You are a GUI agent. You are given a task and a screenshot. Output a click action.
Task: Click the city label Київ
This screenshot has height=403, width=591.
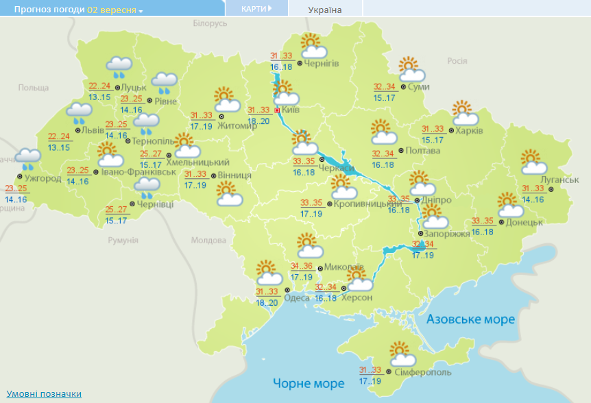pyautogui.click(x=291, y=110)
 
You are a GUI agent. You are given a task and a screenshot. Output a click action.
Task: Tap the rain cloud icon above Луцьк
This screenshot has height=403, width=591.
pyautogui.click(x=119, y=67)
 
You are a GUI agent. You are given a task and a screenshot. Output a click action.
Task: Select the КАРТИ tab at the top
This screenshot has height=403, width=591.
pyautogui.click(x=256, y=8)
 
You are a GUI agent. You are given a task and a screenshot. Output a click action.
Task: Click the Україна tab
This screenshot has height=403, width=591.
pyautogui.click(x=325, y=10)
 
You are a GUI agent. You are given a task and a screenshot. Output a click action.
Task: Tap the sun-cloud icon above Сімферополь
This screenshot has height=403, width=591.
pyautogui.click(x=402, y=354)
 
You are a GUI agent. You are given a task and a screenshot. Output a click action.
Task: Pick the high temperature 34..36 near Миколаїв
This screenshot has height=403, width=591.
pyautogui.click(x=302, y=266)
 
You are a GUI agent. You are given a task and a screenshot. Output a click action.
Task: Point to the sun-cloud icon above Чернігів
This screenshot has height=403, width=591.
pyautogui.click(x=313, y=45)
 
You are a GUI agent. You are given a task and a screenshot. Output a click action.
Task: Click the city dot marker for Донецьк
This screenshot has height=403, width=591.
pyautogui.click(x=501, y=222)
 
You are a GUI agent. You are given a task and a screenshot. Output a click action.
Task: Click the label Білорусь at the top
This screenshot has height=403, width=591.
pyautogui.click(x=209, y=24)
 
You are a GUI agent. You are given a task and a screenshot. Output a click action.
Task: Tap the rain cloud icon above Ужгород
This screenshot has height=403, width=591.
pyautogui.click(x=28, y=159)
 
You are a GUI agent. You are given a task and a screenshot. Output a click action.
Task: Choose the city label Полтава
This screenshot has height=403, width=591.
pyautogui.click(x=418, y=150)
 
